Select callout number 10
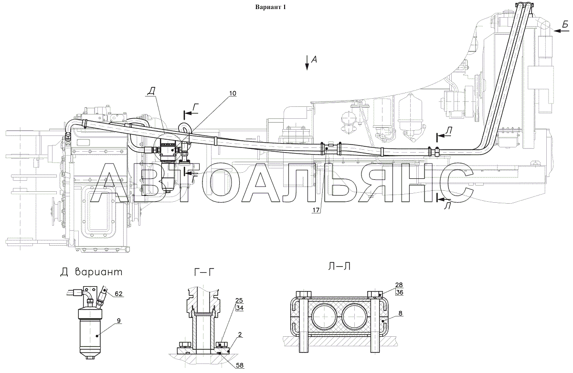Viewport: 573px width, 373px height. (x=233, y=93)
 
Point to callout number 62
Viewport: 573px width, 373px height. (x=118, y=294)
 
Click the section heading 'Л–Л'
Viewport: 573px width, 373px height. (x=340, y=267)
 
